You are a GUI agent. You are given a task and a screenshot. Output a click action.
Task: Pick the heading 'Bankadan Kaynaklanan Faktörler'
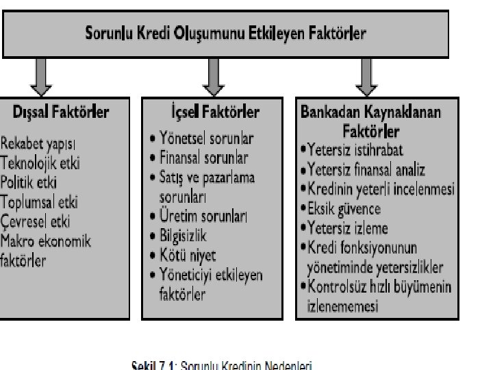372,119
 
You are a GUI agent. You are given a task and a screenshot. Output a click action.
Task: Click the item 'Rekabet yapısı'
38,145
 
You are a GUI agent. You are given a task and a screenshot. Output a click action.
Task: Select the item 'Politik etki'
29,183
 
